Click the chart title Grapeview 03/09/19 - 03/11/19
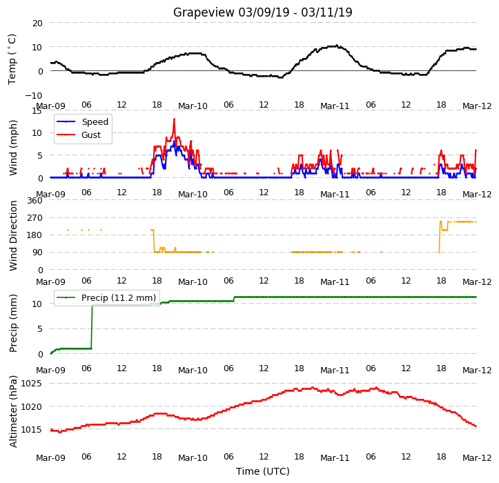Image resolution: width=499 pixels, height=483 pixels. pos(262,12)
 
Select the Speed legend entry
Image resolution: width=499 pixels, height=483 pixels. pos(82,122)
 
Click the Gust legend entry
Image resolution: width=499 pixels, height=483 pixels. pos(79,135)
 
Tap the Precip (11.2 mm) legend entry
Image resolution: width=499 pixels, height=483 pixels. pos(106,297)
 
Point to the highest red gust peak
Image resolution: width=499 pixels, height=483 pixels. pos(174,119)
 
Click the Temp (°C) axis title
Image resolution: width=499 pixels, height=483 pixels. pos(12,59)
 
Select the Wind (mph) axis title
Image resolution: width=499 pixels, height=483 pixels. pos(13,148)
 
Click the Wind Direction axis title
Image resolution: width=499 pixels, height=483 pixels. pos(13,236)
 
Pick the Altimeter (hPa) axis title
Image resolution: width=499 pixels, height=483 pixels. pos(13,411)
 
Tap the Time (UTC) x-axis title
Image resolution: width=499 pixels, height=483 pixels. pos(263,471)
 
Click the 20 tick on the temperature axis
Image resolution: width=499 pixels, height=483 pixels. pos(37,23)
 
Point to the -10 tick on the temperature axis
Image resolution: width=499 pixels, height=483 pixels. pos(33,95)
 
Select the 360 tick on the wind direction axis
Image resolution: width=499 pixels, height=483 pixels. pos(35,201)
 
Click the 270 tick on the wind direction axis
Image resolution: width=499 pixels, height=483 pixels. pos(35,218)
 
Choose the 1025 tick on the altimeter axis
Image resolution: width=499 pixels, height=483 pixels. pos(31,384)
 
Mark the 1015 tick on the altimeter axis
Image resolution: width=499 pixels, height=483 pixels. pos(31,430)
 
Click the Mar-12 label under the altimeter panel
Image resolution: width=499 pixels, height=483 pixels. pos(477,458)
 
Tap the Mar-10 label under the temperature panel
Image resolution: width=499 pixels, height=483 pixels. pos(193,106)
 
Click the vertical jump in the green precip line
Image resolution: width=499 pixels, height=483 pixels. pos(92,327)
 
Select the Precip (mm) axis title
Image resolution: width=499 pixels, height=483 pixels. pos(13,324)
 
